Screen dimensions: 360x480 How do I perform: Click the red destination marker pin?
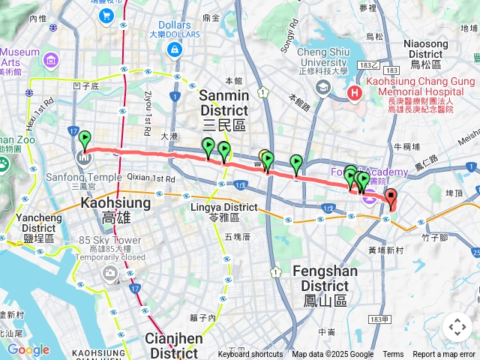point(390,199)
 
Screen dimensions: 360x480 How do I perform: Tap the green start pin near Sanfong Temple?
point(85,140)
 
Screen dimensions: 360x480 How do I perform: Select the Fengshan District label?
point(325,278)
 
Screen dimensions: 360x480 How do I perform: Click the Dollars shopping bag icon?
point(175,49)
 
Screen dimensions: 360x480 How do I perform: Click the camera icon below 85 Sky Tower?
point(111,274)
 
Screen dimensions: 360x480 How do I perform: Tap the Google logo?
point(28,349)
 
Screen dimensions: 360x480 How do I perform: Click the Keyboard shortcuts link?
point(250,355)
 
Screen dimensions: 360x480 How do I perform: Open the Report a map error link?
point(444,355)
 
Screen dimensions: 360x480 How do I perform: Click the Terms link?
point(393,355)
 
